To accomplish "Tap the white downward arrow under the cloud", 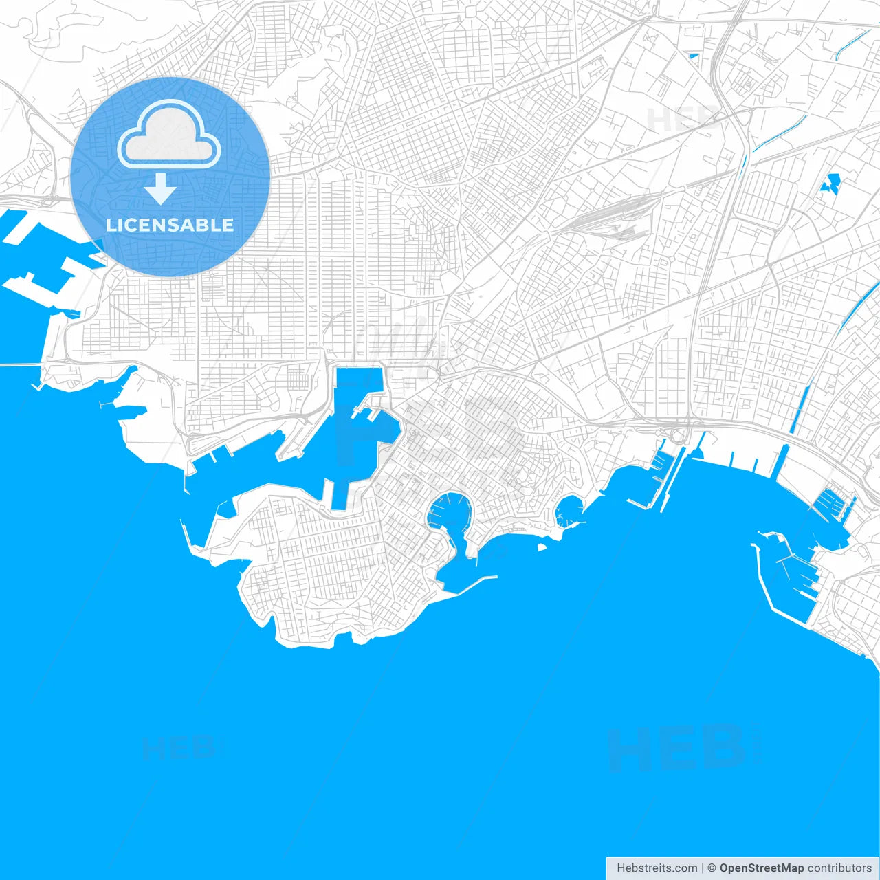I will (160, 189).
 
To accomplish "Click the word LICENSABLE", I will (170, 225).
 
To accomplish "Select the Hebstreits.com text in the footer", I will (656, 868).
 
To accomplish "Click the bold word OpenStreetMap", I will (761, 868).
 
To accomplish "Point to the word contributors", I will (839, 868).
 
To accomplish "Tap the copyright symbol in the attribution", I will (712, 868).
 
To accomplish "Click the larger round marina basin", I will (448, 512).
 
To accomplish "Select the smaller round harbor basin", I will (568, 511).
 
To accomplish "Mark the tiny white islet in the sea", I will (542, 548).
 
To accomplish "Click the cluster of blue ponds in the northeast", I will (830, 184).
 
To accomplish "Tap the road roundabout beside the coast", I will (678, 436).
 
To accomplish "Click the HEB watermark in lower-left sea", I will (179, 748).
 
